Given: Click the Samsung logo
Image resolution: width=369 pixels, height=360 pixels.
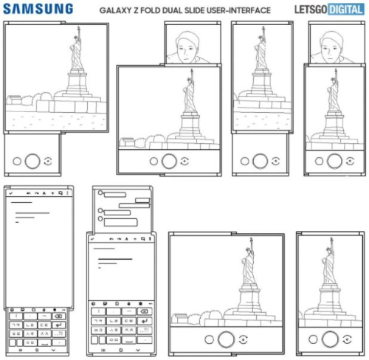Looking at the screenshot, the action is click(x=38, y=9).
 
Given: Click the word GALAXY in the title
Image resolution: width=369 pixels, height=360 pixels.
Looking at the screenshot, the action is click(x=115, y=10).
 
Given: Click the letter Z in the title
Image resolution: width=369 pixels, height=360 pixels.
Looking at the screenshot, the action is click(x=136, y=10).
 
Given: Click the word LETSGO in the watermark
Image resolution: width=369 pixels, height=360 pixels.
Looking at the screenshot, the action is click(x=311, y=10).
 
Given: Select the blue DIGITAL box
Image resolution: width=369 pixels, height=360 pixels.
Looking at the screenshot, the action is click(x=346, y=10).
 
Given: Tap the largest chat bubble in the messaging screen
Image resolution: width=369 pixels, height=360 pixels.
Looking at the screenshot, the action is click(x=120, y=222).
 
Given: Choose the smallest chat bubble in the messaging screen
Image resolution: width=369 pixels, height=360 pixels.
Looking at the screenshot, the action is click(x=142, y=201).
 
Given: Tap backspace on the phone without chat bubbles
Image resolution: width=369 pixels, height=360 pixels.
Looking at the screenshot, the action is click(x=58, y=316).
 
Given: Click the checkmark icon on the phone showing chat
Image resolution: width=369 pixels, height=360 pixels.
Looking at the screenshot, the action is click(x=92, y=239).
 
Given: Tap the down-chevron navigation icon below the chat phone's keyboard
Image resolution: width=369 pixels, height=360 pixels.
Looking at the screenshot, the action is click(x=138, y=350).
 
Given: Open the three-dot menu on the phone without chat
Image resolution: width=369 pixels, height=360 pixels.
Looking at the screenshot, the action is click(x=67, y=193).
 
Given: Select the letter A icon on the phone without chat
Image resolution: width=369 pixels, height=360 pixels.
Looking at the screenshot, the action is click(x=44, y=193).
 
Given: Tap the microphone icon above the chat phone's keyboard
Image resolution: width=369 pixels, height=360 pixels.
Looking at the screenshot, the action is click(x=129, y=304).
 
